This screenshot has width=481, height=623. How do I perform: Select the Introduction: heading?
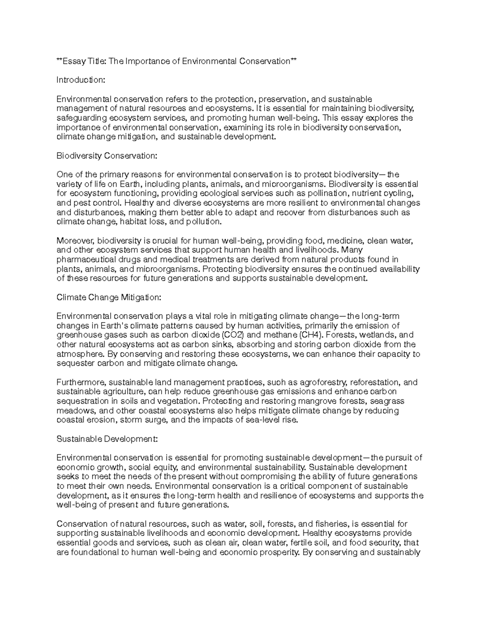(81, 80)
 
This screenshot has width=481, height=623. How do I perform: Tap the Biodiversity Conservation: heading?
(107, 156)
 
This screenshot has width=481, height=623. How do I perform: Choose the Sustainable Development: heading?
(107, 439)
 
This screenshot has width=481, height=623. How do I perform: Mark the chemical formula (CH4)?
(310, 335)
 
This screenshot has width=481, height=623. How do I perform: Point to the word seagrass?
(387, 401)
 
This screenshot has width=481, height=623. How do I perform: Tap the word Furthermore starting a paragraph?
(81, 382)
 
